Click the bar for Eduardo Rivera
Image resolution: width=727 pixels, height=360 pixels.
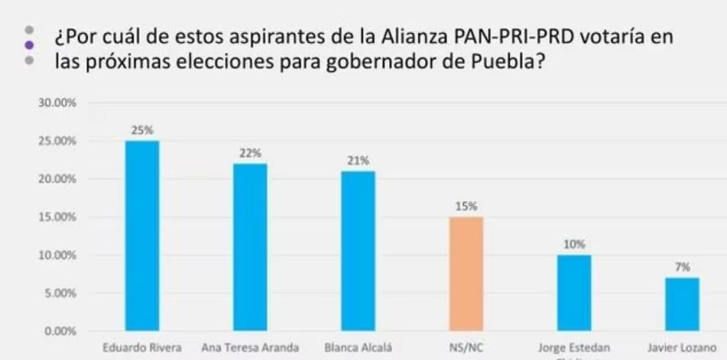tap(142, 235)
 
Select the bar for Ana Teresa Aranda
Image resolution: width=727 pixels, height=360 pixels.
tap(250, 247)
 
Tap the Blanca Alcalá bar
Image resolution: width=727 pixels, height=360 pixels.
tap(358, 250)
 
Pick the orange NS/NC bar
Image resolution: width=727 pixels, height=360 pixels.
tap(466, 274)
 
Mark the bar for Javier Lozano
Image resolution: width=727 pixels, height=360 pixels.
tap(682, 303)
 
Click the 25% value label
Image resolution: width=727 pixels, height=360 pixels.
tap(142, 130)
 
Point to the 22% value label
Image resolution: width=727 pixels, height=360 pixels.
tap(250, 153)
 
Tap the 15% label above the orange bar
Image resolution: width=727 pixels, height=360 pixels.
tap(466, 206)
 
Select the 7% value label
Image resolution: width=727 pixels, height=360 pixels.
tap(682, 267)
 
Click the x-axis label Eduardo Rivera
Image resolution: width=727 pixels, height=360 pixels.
tap(142, 348)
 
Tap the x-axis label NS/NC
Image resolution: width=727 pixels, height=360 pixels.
tap(466, 348)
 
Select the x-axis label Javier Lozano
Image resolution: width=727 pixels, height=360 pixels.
tap(682, 348)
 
